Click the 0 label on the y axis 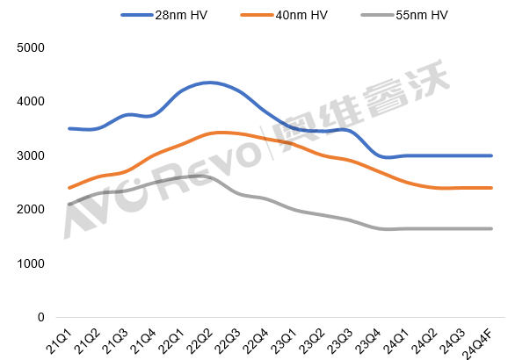click(x=40, y=317)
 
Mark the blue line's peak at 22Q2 click(x=207, y=83)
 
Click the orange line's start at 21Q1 click(x=69, y=188)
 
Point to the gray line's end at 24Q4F click(x=491, y=228)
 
